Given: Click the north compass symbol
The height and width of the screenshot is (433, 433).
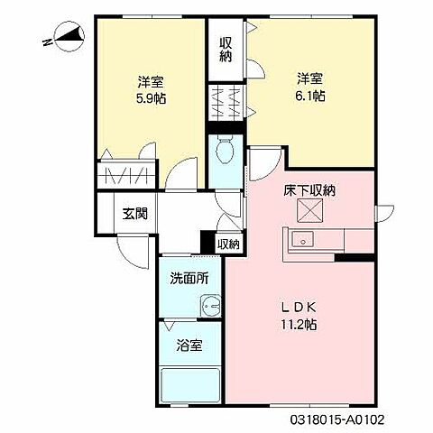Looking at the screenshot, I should click(65, 37).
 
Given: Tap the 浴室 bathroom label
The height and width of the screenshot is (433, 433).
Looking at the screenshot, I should click(189, 344).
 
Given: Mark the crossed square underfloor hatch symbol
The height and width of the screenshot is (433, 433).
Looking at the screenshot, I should click(310, 211).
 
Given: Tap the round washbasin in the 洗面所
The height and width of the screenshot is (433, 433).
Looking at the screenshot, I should click(209, 305).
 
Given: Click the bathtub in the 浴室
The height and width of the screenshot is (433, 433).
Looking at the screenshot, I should click(189, 386).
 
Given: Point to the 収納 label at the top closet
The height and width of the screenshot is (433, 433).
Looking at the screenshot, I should click(226, 48).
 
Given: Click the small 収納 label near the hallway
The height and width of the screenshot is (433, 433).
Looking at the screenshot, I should click(228, 244).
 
